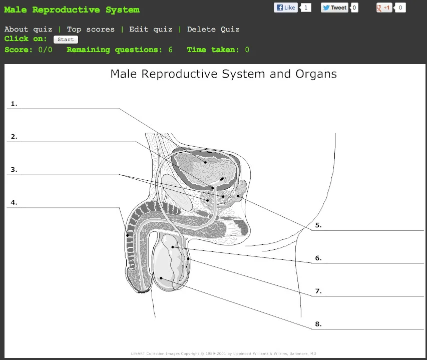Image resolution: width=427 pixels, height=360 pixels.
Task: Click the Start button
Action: coord(66,40)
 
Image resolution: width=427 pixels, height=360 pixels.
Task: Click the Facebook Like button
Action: coord(286,8)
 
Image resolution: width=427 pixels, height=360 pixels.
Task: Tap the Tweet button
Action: coord(334,8)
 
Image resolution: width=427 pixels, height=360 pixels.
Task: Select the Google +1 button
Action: coord(383,8)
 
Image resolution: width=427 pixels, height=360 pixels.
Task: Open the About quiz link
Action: coord(28,29)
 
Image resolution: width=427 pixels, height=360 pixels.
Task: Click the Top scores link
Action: coord(91,29)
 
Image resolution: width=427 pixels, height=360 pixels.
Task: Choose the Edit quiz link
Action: coord(151,29)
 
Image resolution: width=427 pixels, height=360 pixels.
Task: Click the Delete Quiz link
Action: coord(213,29)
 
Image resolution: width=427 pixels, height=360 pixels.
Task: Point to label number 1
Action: coord(14,104)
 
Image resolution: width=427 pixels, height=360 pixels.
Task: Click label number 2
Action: coord(14,136)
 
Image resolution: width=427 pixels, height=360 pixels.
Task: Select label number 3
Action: coord(14,169)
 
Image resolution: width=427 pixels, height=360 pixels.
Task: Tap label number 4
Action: coord(14,202)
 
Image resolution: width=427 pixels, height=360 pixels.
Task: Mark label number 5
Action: coord(318,225)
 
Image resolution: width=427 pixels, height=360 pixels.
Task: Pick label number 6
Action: coord(318,258)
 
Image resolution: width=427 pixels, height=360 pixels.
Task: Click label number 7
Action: coord(318,291)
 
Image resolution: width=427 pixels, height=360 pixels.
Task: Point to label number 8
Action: coord(318,324)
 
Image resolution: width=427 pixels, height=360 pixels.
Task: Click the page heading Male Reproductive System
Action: coord(72,10)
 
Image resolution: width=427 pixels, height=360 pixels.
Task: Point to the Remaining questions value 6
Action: coord(170,50)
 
